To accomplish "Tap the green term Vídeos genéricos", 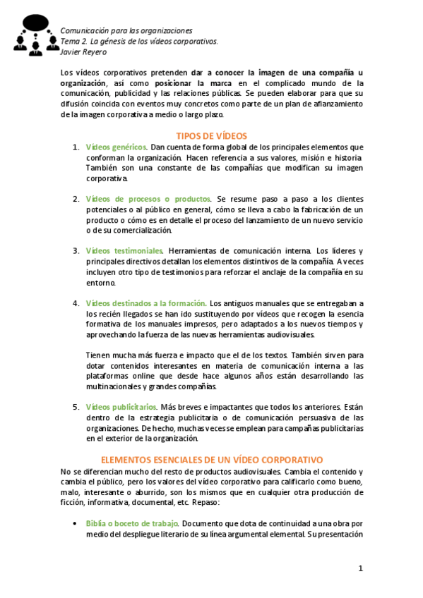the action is click(117, 147).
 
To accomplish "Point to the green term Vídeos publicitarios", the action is click(121, 407).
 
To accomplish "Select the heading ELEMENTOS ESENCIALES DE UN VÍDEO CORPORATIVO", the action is click(212, 460).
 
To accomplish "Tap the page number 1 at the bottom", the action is click(360, 568).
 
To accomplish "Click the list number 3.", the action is click(76, 251).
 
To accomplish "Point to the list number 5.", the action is click(76, 407).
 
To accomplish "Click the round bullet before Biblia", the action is click(76, 524).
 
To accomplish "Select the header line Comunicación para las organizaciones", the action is click(126, 31).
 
